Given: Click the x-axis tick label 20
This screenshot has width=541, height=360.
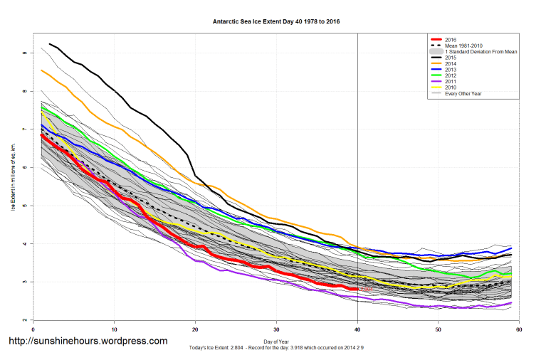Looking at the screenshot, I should (195, 329).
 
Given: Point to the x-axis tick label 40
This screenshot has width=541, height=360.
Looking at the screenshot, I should (357, 329).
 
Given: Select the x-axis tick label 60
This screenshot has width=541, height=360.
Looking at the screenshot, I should (519, 329).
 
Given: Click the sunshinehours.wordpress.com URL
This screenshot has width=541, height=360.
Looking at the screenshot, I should (88, 342).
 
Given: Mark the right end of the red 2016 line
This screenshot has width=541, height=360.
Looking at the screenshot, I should (357, 289).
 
